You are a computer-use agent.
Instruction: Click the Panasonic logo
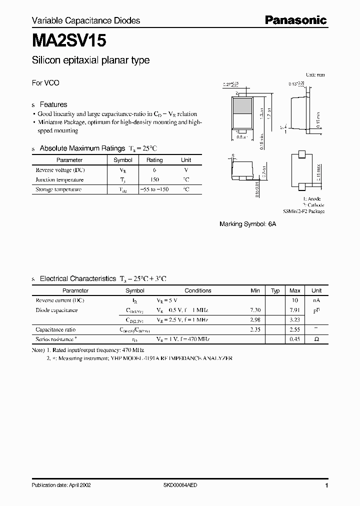pyautogui.click(x=295, y=20)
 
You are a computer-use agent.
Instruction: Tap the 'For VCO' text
pyautogui.click(x=45, y=83)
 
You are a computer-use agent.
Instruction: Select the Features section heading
pyautogui.click(x=53, y=104)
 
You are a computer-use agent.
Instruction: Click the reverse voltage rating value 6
pyautogui.click(x=154, y=170)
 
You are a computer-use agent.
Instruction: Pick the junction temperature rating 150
pyautogui.click(x=154, y=179)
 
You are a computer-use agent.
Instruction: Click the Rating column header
pyautogui.click(x=154, y=160)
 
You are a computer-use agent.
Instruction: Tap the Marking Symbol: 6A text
pyautogui.click(x=247, y=224)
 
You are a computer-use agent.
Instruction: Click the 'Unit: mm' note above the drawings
pyautogui.click(x=315, y=74)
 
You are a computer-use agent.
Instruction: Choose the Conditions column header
pyautogui.click(x=198, y=290)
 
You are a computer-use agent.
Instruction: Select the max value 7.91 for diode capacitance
pyautogui.click(x=295, y=310)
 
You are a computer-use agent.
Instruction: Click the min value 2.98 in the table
pyautogui.click(x=255, y=320)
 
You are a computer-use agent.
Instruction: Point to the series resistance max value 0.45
pyautogui.click(x=295, y=339)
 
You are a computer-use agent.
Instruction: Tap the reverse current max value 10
pyautogui.click(x=295, y=300)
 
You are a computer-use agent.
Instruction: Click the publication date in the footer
pyautogui.click(x=61, y=485)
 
